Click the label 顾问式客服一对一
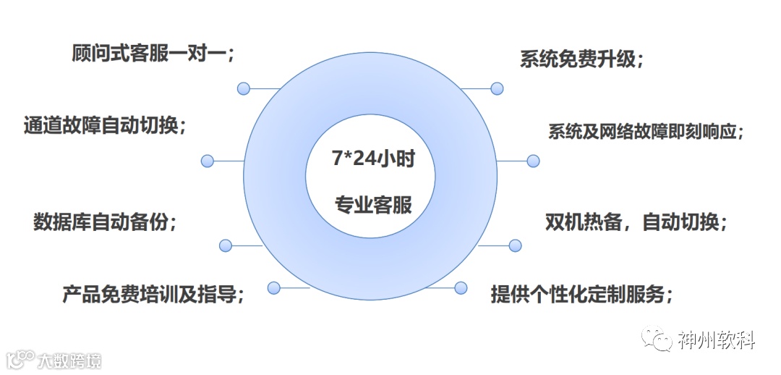pos(153,54)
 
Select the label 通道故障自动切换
pos(105,125)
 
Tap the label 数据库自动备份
pos(105,222)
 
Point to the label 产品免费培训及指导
pos(153,295)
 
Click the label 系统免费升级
pos(581,59)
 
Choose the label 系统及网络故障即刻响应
pos(646,132)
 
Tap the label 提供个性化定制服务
pos(582,295)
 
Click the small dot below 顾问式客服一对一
pos(244,88)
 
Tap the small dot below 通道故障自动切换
pos(208,161)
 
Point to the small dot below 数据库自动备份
pos(226,245)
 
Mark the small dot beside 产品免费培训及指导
pos(273,287)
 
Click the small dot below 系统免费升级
pos(497,88)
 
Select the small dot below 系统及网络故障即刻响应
pos(533,161)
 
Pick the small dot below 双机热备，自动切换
pos(515,245)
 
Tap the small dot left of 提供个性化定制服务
pos(461,287)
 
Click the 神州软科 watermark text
pos(716,340)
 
